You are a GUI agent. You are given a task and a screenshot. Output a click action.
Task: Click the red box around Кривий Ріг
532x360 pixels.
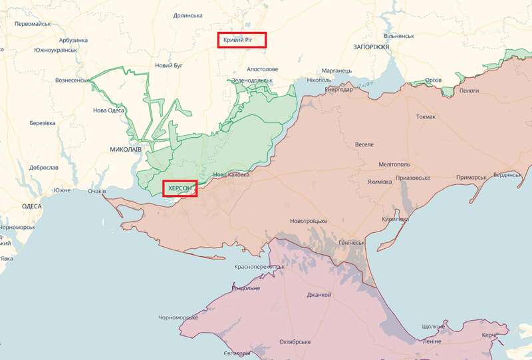pyautogui.click(x=242, y=40)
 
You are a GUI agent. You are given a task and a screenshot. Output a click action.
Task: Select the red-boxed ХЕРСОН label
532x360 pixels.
pyautogui.click(x=180, y=189)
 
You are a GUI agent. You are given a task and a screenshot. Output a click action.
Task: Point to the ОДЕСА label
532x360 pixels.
pyautogui.click(x=31, y=207)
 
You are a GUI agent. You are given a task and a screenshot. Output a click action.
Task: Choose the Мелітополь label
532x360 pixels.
pyautogui.click(x=393, y=164)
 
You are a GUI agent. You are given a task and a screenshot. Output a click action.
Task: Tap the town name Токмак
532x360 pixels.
pyautogui.click(x=426, y=117)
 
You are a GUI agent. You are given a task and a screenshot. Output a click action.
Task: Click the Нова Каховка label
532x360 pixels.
pyautogui.click(x=231, y=175)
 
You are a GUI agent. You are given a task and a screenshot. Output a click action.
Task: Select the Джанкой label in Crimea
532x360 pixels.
pyautogui.click(x=319, y=295)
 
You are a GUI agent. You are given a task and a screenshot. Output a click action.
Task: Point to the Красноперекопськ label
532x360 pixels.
pyautogui.click(x=259, y=267)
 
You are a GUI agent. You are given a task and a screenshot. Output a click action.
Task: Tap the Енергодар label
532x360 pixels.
pyautogui.click(x=338, y=90)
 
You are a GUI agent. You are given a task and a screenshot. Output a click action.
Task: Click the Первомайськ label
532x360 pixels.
pyautogui.click(x=33, y=23)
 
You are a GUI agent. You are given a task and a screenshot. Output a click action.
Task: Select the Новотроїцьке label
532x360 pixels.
pyautogui.click(x=309, y=221)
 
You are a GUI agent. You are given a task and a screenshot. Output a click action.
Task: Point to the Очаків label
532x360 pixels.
pyautogui.click(x=96, y=192)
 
